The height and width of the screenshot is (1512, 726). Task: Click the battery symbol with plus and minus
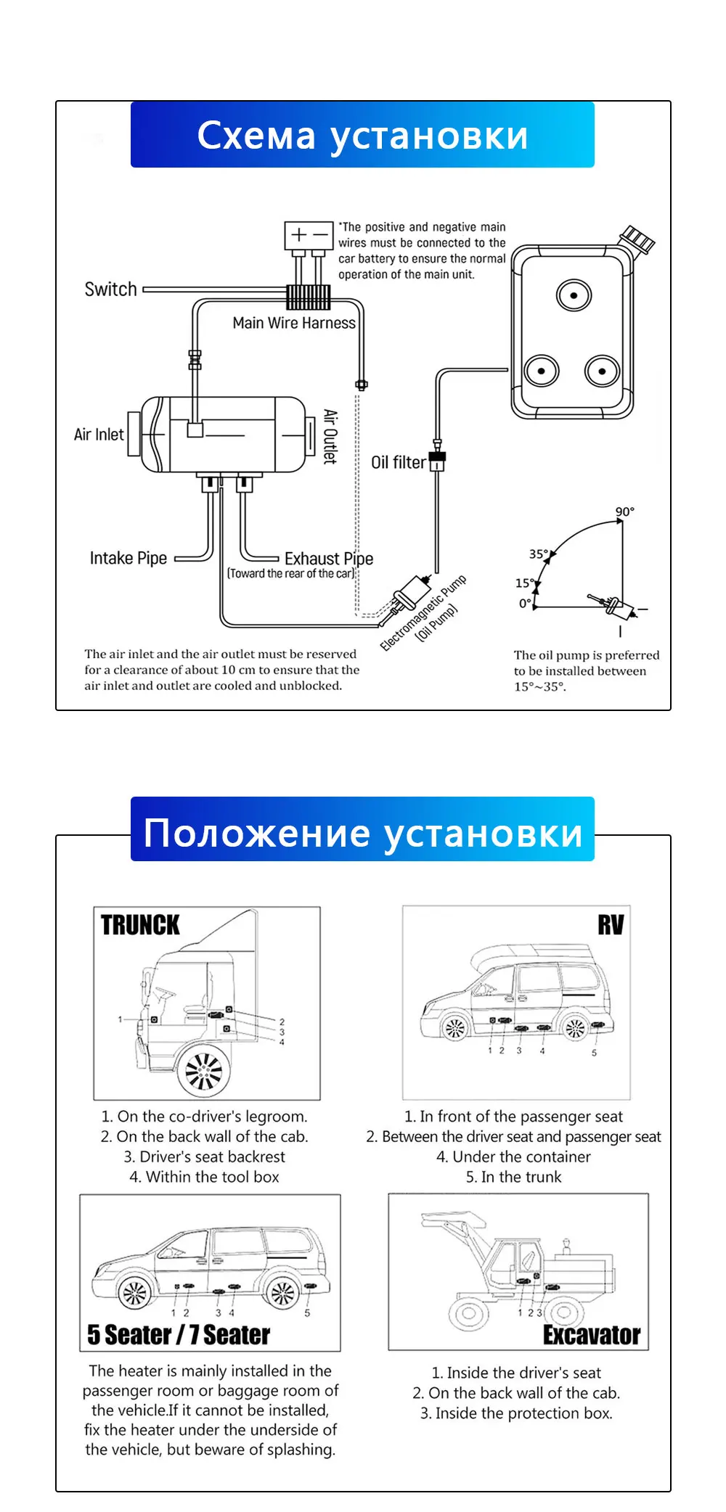tap(309, 235)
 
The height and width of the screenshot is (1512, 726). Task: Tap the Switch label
tap(110, 289)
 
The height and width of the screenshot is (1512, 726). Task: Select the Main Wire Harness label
tap(294, 324)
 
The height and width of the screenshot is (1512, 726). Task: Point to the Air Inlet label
tap(99, 435)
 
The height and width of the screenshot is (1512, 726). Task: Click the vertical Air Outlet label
tap(330, 436)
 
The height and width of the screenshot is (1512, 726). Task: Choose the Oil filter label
tap(398, 463)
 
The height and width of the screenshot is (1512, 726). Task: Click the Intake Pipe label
tap(129, 558)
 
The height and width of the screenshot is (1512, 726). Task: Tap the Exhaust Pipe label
tap(329, 559)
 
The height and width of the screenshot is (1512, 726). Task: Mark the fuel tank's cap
tap(637, 239)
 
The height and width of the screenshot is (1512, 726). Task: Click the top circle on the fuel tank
tap(574, 295)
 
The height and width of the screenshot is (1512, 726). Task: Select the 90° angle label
tap(624, 511)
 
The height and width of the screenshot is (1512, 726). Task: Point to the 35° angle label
tap(538, 554)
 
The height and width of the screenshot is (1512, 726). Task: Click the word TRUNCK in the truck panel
tap(140, 925)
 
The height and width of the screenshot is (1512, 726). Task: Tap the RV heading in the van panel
tap(611, 925)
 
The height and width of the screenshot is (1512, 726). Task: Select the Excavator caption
tap(591, 1335)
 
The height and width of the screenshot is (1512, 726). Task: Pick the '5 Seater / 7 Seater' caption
tap(179, 1335)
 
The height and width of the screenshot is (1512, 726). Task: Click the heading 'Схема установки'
tap(362, 136)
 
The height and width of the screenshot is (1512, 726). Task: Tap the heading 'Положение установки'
tap(362, 832)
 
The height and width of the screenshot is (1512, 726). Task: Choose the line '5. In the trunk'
tap(513, 1177)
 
